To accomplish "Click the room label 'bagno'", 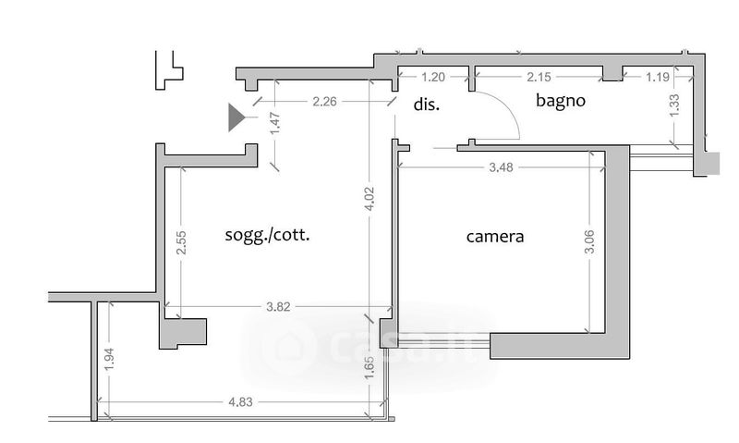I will click(561, 101).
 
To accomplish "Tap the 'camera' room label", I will click(495, 237).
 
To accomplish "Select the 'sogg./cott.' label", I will click(268, 235).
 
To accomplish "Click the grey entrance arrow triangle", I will click(236, 117).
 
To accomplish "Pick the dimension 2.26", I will click(323, 102).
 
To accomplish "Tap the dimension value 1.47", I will click(273, 124).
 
